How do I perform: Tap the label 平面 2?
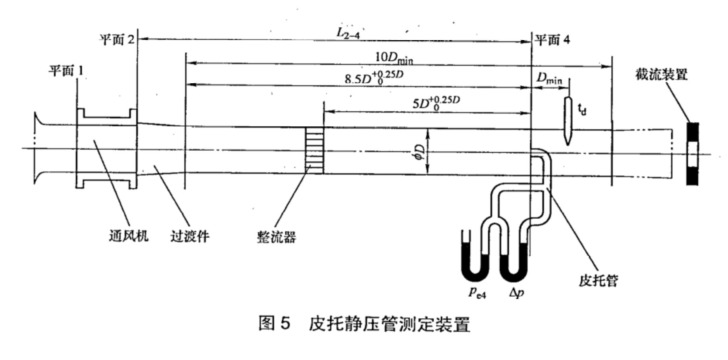click(x=117, y=39)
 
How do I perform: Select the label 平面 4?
click(x=552, y=40)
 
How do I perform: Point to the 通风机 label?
click(x=129, y=236)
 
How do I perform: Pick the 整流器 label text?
click(x=276, y=237)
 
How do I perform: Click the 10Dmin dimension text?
click(x=394, y=58)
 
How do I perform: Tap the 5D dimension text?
click(x=436, y=102)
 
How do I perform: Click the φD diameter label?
click(x=419, y=152)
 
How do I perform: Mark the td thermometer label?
click(x=582, y=109)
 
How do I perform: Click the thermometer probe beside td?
click(x=569, y=121)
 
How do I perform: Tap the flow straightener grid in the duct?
click(x=314, y=151)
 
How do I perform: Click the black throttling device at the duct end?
click(x=693, y=154)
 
